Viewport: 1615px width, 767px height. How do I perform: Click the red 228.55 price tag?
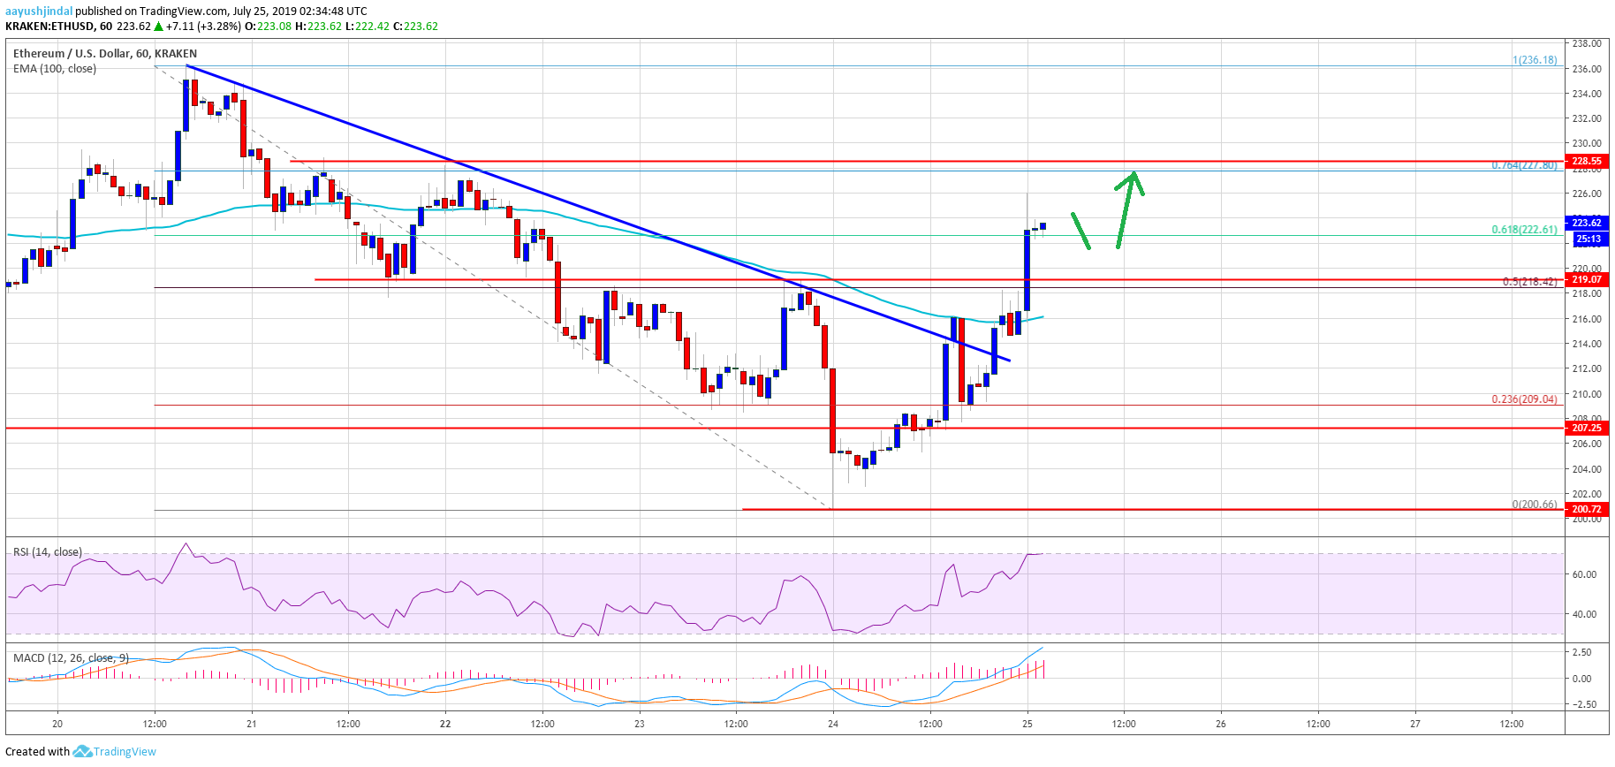[1586, 161]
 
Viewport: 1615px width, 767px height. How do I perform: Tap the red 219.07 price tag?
[1586, 279]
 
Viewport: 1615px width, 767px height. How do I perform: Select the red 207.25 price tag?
[1586, 428]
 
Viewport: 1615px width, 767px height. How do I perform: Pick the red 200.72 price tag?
[1586, 509]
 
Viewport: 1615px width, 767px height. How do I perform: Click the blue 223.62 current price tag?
[1586, 223]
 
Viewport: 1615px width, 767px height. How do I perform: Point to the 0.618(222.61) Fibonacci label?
[1524, 230]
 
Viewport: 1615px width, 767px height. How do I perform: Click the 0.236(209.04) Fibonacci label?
[1524, 399]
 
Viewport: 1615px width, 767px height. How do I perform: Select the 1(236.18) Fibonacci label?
[1535, 60]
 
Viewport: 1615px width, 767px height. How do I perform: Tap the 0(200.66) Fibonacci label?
[1535, 505]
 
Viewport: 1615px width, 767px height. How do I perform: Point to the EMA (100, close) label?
[55, 69]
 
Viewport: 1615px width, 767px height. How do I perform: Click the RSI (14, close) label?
[48, 552]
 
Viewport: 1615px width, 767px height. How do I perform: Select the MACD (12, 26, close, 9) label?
[71, 658]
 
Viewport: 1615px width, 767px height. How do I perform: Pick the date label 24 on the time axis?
[833, 724]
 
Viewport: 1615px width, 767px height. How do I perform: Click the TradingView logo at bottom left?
[115, 752]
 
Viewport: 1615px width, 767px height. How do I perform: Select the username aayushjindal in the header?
[39, 11]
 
